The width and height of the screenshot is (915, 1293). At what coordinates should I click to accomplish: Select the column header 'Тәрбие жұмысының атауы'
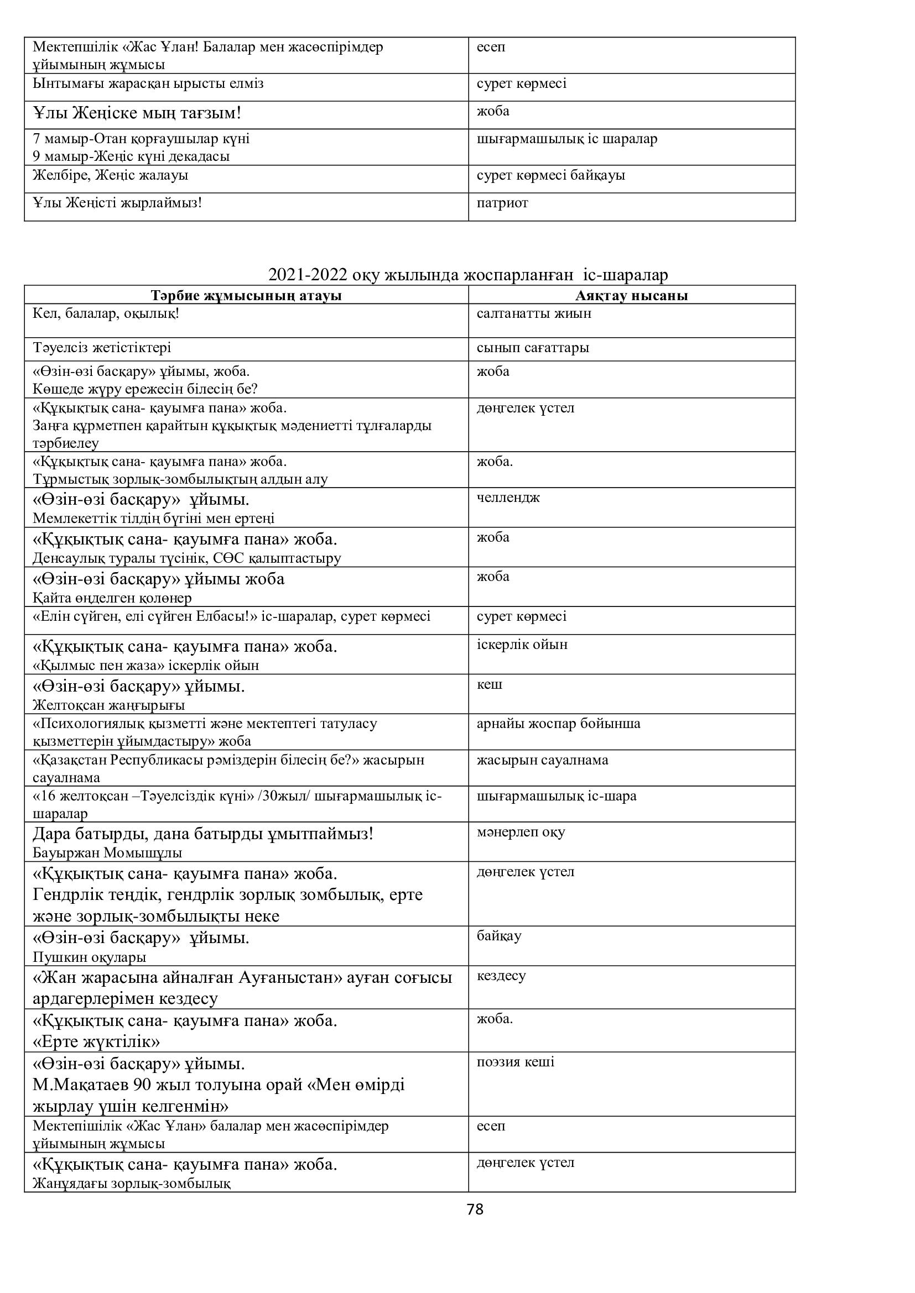246,296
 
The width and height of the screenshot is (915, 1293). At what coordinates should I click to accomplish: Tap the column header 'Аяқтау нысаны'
632,296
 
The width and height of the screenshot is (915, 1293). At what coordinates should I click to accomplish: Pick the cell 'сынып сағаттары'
532,348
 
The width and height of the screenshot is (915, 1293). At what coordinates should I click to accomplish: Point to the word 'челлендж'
508,498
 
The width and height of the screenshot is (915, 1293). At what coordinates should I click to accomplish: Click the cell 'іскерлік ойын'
522,645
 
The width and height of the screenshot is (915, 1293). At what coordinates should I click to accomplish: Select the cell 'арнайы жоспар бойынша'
558,724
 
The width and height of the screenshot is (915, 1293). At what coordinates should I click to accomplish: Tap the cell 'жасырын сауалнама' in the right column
542,760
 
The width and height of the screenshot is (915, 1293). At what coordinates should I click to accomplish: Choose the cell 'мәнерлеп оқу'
521,833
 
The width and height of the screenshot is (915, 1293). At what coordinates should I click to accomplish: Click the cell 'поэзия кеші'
516,1062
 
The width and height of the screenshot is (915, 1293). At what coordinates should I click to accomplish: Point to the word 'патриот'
502,203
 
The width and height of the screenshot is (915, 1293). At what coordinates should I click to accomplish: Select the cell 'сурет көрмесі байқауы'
550,175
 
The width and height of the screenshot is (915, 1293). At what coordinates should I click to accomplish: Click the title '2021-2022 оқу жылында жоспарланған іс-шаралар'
467,275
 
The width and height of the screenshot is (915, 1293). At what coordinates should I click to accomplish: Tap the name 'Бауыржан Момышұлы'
107,853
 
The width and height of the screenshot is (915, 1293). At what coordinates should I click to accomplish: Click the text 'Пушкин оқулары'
89,957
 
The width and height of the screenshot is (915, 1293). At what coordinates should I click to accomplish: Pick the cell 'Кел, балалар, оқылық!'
106,313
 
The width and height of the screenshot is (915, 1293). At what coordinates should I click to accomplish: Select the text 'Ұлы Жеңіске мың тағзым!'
137,113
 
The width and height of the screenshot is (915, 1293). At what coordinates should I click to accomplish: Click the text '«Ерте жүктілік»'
96,1041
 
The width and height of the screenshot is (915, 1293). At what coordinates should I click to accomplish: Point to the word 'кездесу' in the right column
501,976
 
